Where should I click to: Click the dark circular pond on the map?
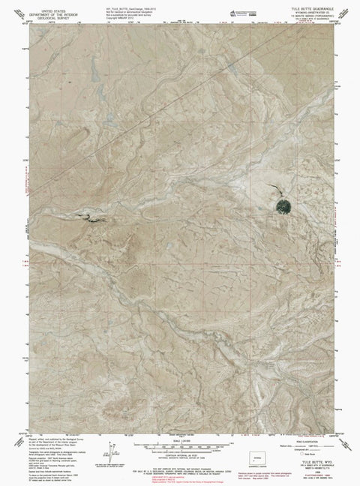click(x=283, y=205)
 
